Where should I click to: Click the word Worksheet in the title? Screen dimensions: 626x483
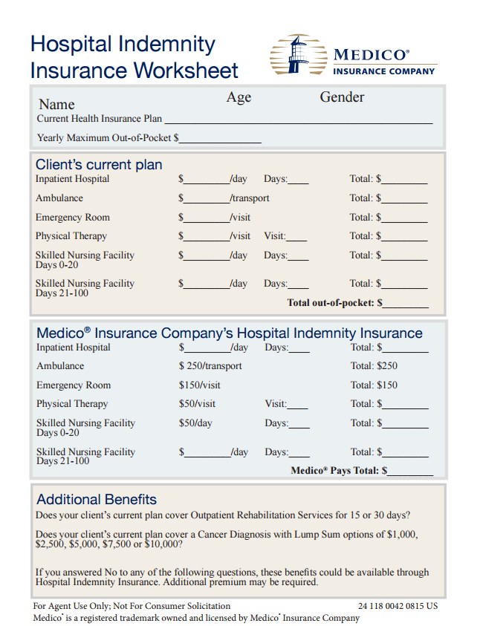(185, 71)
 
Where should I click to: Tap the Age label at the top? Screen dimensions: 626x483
(239, 97)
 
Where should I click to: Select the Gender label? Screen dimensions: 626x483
(342, 97)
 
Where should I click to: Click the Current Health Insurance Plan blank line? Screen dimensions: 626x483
(298, 120)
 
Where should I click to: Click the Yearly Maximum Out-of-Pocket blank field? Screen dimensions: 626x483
(220, 139)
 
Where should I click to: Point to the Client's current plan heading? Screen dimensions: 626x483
(99, 165)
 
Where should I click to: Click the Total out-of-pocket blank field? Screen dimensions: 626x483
(406, 304)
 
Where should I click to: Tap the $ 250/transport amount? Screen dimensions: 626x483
(210, 366)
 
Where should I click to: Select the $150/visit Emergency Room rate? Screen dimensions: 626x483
(199, 385)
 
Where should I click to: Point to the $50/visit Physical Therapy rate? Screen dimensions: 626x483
(197, 404)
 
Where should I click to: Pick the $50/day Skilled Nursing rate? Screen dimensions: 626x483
(195, 423)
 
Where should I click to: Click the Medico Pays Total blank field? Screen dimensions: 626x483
(410, 472)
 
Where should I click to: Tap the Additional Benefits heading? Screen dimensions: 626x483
(97, 499)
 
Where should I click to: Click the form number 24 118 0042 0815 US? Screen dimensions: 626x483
(398, 607)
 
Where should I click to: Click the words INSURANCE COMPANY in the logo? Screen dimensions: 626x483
(384, 71)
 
